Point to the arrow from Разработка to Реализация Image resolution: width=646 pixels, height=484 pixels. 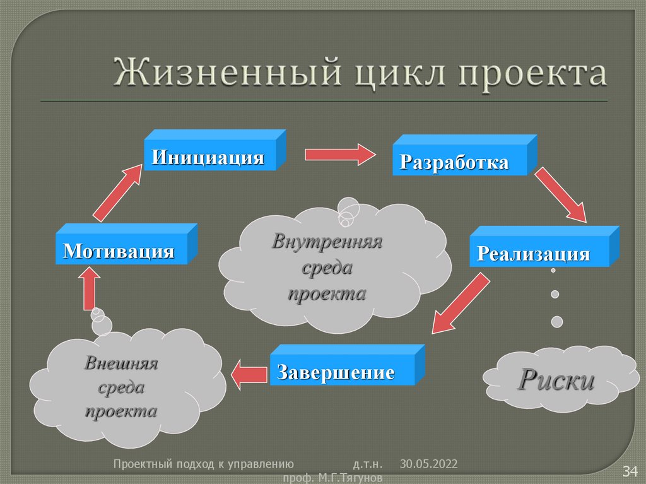point(561,195)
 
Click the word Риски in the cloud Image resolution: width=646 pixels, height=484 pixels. point(556,381)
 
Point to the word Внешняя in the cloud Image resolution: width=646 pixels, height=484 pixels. point(121,363)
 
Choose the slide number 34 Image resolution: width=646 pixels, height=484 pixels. point(631,471)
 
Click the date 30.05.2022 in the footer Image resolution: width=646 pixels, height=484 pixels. point(428,464)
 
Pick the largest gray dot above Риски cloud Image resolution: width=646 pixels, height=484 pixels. point(557,322)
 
